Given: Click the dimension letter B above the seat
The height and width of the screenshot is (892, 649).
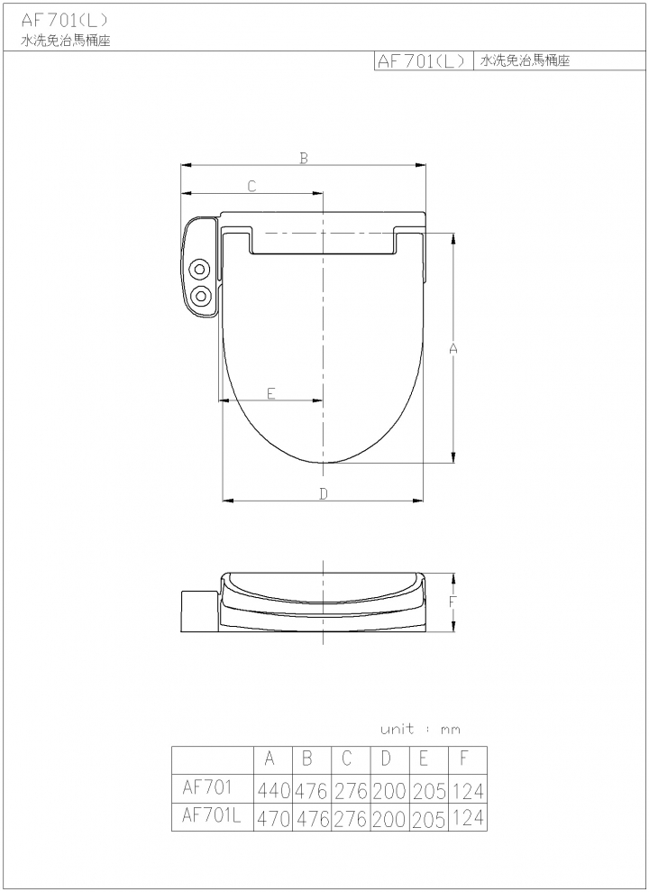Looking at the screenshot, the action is point(304,158).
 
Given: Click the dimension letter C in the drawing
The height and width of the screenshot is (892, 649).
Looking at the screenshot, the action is point(251,186).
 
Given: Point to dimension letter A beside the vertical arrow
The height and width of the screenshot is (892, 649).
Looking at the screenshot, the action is point(452,349).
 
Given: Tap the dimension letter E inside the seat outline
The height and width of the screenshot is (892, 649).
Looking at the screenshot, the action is point(271,393).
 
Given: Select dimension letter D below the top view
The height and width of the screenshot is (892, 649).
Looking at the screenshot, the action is point(323,493).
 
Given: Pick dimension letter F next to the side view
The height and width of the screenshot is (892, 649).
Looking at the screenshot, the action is point(452,602).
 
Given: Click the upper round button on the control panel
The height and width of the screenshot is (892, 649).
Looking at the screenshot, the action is point(200,269).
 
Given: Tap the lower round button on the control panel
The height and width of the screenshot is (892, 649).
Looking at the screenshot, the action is point(200,295).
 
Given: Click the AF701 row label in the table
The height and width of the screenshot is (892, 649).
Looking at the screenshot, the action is point(207,786).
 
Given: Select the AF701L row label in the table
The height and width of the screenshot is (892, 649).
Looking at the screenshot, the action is point(212,815).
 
